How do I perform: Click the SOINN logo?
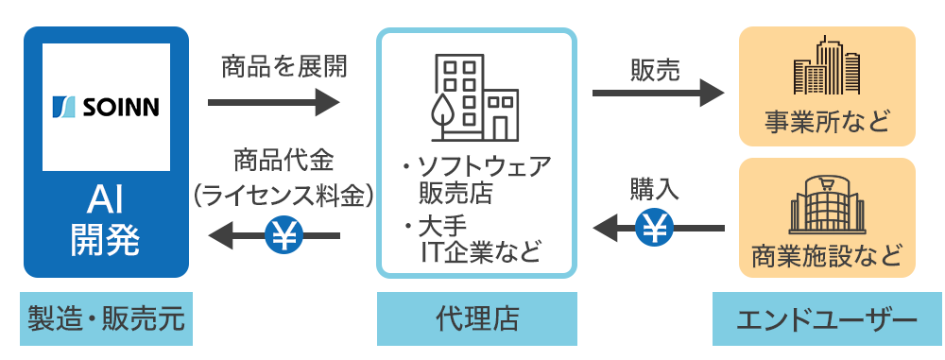[x=106, y=107]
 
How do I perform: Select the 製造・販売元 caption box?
[x=106, y=319]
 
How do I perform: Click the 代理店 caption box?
[x=476, y=319]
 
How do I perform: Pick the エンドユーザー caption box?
[x=827, y=319]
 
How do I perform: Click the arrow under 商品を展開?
[x=274, y=102]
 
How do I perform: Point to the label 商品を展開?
[x=284, y=67]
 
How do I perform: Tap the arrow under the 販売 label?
[x=658, y=93]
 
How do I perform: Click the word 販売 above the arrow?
[x=655, y=71]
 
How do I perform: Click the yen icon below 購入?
[x=655, y=228]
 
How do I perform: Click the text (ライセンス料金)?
[x=283, y=196]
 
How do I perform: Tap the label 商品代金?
[x=283, y=163]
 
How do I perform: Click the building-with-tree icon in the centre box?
[x=475, y=97]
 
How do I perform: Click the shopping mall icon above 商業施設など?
[x=827, y=205]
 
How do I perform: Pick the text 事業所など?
[x=827, y=122]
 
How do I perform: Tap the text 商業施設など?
[x=827, y=256]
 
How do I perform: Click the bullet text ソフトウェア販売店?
[x=477, y=180]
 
